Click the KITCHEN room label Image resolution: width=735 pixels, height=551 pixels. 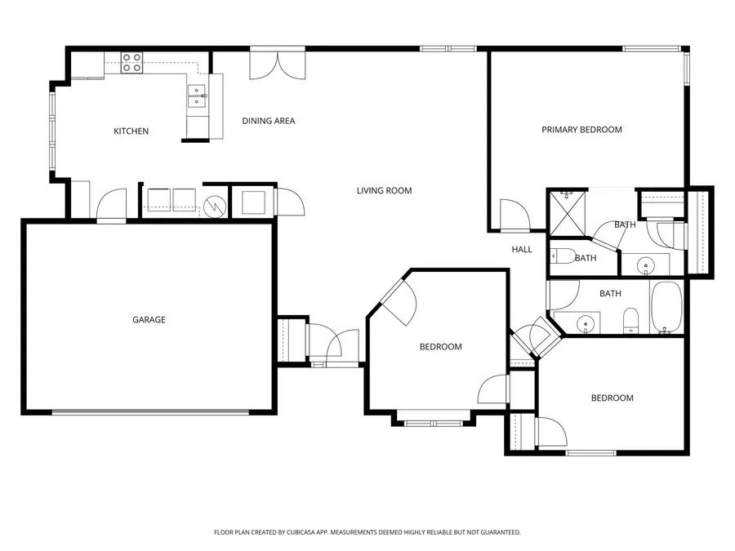click(131, 131)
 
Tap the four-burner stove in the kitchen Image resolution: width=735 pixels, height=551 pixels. click(131, 62)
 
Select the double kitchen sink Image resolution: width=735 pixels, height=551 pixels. click(198, 96)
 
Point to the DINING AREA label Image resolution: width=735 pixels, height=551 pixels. click(268, 121)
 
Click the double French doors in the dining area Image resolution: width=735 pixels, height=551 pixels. click(278, 64)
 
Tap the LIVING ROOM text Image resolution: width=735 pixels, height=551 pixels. click(384, 191)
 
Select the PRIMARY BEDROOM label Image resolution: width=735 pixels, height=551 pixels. click(581, 130)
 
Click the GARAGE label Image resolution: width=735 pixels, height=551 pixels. click(149, 320)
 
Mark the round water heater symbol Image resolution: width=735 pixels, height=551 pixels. click(215, 204)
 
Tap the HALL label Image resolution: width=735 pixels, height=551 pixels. click(522, 250)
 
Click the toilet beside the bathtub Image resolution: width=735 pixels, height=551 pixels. click(630, 320)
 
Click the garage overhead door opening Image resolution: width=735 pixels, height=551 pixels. click(150, 412)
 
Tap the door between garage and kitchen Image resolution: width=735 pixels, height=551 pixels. click(112, 206)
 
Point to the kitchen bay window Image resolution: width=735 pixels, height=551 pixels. click(52, 131)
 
